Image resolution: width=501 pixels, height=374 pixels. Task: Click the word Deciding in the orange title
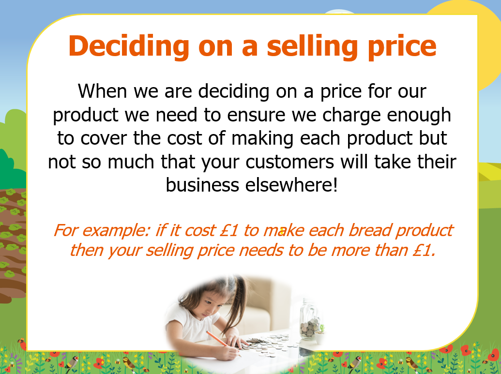129,46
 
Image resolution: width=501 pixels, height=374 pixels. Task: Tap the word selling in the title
312,46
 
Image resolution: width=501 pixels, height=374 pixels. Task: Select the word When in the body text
102,91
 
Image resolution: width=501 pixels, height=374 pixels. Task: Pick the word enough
419,115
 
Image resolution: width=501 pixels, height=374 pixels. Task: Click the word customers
290,162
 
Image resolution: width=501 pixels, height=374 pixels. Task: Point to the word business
202,185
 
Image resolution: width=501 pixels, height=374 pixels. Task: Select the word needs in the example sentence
261,250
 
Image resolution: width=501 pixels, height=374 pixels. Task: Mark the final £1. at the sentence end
424,250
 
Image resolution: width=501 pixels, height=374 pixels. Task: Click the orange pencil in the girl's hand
223,344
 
